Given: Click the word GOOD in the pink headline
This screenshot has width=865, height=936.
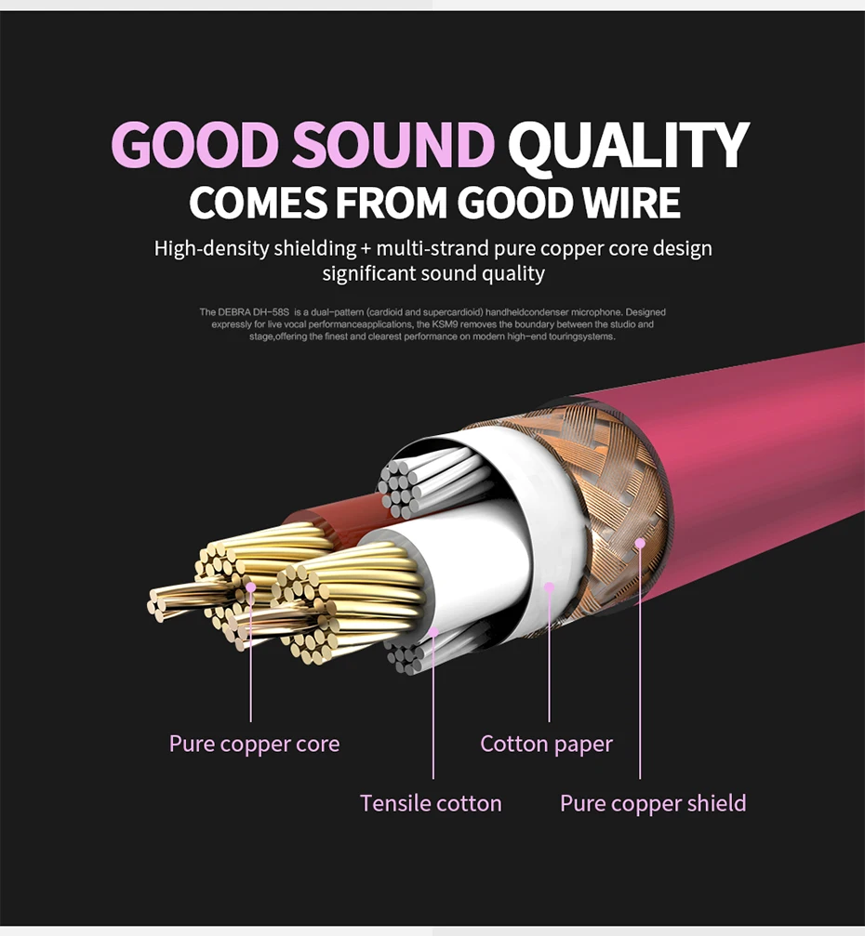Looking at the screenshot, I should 195,146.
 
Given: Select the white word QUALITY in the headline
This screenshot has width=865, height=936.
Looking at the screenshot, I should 628,146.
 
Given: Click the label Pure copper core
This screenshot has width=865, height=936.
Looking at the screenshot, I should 254,744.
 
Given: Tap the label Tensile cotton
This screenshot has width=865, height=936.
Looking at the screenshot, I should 431,803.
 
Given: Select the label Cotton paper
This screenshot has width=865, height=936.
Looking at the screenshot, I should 546,744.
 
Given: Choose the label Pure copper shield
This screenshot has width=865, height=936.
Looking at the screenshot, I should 653,803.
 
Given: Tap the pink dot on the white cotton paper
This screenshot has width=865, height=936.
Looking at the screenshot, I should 549,587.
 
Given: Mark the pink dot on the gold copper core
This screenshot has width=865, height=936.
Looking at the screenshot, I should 250,587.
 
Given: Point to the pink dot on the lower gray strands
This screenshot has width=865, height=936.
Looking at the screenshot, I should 433,631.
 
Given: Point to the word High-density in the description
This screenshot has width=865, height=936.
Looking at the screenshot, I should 211,248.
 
